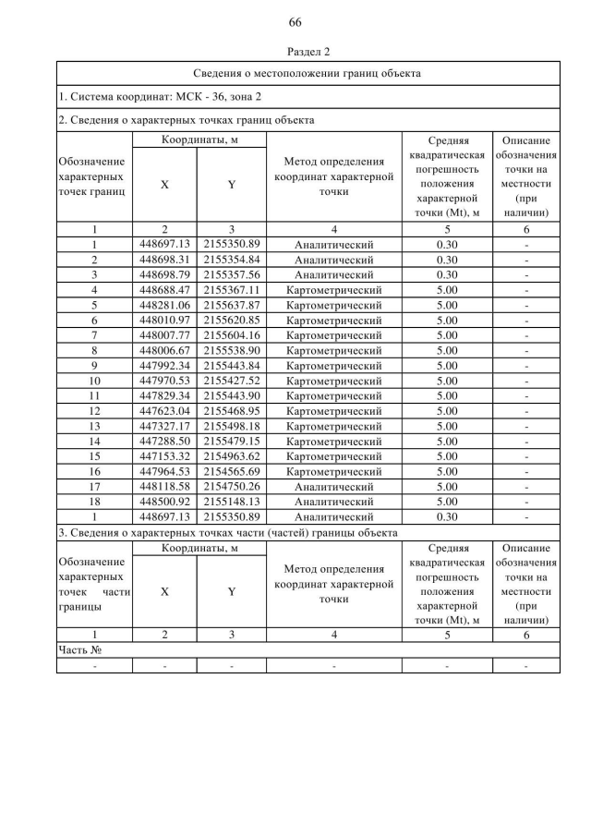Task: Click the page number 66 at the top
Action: click(295, 22)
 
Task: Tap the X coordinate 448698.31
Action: click(164, 260)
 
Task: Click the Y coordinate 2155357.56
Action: click(232, 274)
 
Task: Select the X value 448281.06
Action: click(164, 305)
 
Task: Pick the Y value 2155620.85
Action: click(232, 320)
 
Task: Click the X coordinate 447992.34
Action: click(164, 365)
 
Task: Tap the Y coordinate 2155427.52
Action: click(232, 380)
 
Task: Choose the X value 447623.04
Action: click(164, 410)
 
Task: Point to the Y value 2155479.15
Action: click(232, 441)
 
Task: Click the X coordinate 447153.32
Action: click(164, 455)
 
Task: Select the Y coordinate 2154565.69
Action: click(232, 471)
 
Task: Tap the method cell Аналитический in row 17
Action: click(333, 486)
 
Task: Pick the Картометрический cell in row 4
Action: click(333, 290)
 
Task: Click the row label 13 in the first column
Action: click(94, 426)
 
